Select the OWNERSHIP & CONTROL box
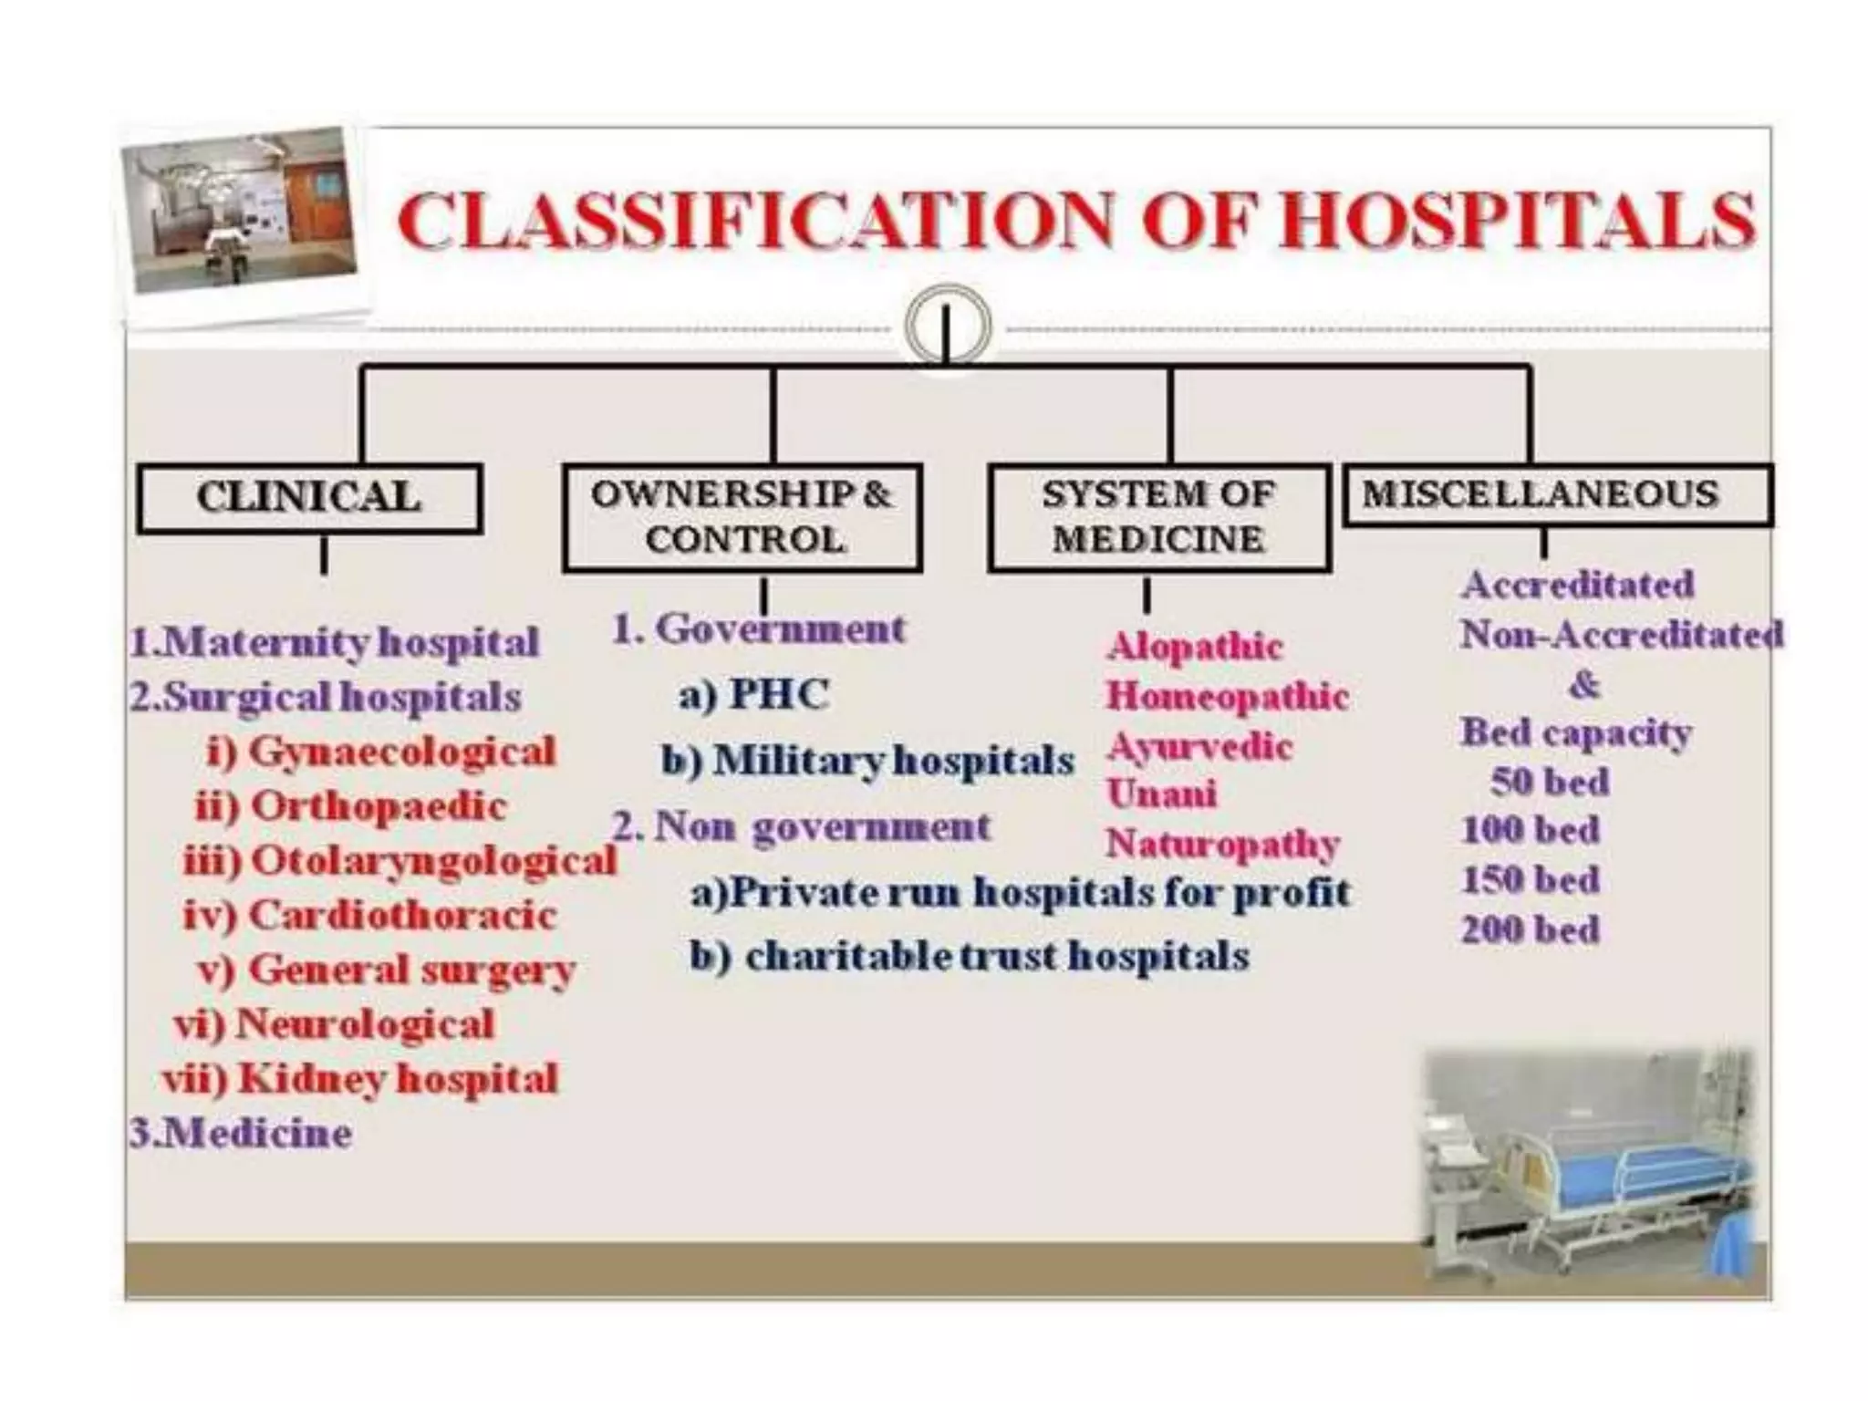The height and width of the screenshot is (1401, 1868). coord(742,517)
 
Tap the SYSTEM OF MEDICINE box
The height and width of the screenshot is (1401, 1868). coord(1157,517)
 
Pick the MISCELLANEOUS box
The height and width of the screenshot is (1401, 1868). coord(1557,494)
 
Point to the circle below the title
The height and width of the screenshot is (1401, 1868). coord(948,326)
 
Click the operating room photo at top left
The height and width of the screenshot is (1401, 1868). coord(239,212)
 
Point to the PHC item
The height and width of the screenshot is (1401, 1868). coord(753,695)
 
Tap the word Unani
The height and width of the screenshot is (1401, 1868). coord(1161,794)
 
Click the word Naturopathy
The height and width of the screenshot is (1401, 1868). coord(1222,844)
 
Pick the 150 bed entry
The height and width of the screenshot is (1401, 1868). coord(1531,880)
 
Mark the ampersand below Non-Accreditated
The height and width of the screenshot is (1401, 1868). coord(1583,684)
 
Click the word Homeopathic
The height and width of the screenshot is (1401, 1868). coord(1227,697)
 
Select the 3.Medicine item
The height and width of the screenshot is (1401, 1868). coord(241,1134)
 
